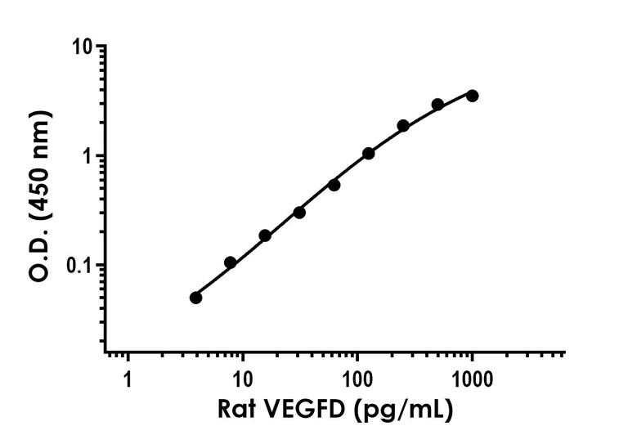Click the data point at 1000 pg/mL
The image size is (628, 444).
click(472, 96)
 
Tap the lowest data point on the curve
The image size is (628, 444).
click(196, 298)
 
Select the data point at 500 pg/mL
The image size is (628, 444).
click(437, 105)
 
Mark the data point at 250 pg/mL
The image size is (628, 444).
click(403, 126)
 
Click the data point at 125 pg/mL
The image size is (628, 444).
click(369, 154)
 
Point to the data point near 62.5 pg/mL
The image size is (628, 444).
click(334, 185)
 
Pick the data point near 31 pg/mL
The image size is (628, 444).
click(299, 213)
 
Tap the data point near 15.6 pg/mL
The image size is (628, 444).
click(265, 235)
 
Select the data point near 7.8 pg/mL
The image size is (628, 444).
click(231, 262)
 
